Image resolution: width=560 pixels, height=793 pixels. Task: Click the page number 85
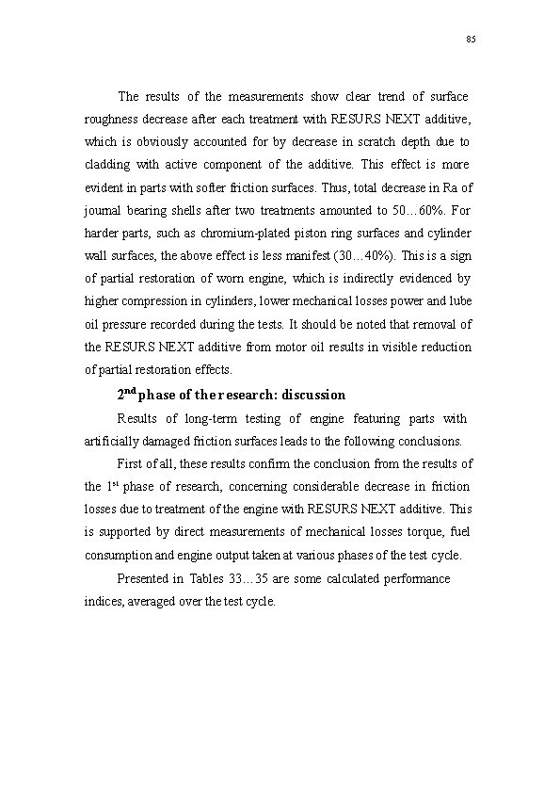[x=471, y=39]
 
